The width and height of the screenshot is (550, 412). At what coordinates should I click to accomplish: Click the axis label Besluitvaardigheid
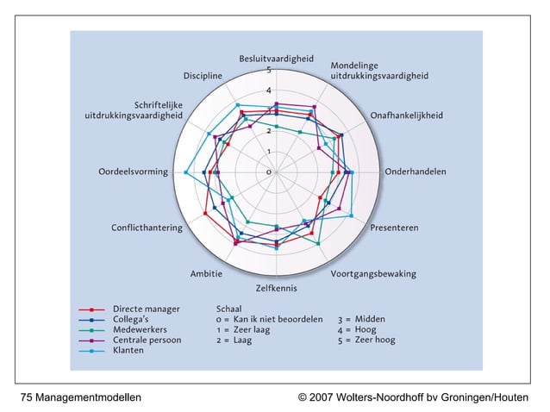point(277,59)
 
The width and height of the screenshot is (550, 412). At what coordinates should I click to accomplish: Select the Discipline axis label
point(203,76)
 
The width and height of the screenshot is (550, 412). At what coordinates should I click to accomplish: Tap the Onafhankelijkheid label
point(407,115)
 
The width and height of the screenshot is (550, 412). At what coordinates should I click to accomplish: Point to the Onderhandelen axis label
point(416,172)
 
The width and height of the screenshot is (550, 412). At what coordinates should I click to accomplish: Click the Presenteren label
point(394,228)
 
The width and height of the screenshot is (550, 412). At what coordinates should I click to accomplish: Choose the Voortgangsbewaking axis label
point(373,274)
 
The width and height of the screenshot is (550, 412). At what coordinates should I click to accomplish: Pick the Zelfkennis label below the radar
point(277,288)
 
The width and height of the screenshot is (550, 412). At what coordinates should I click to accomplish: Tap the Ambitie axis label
point(206,274)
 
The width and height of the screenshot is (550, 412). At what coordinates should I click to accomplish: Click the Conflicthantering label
point(147,228)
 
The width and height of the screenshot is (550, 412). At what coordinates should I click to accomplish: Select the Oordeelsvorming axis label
point(134,172)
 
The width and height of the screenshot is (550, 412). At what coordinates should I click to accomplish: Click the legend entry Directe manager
point(147,309)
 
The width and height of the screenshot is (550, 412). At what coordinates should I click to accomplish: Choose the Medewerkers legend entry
point(140,329)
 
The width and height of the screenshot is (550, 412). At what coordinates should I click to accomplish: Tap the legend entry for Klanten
point(128,350)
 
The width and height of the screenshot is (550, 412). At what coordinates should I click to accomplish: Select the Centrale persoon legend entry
point(147,340)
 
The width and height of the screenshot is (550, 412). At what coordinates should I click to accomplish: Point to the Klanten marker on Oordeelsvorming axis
point(186,172)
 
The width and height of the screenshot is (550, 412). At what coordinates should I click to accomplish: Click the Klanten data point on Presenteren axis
point(352,215)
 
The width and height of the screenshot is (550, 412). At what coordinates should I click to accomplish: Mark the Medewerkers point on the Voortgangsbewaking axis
point(318,243)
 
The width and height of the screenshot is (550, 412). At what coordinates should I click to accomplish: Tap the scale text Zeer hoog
point(375,340)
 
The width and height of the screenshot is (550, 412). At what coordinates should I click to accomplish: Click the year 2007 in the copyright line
point(321,397)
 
